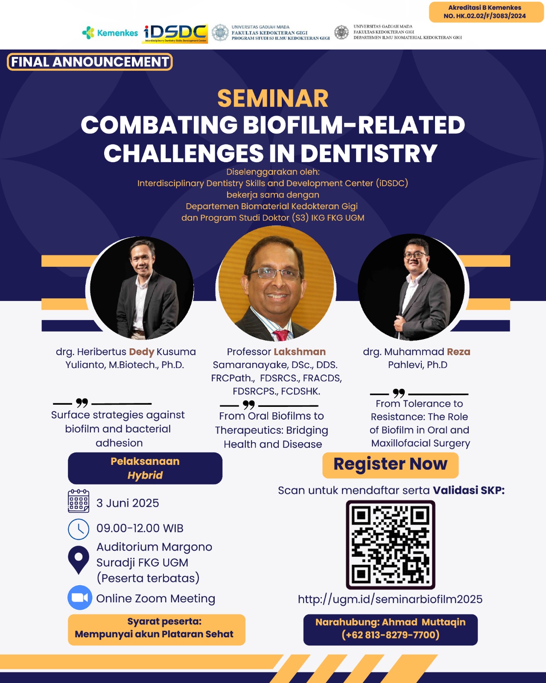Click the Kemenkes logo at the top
pos(110,33)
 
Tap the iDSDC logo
pos(175,34)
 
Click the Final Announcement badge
pos(90,61)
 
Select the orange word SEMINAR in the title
pos(273,98)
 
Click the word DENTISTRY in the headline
pos(369,153)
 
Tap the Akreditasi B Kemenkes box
pos(486,12)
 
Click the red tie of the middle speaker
pos(281,335)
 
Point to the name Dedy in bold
pos(142,352)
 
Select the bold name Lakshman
pos(300,352)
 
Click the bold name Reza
pos(458,352)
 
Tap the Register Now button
pos(391,465)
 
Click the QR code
pos(391,545)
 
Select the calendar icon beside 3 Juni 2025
pos(79,501)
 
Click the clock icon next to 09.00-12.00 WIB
pos(79,529)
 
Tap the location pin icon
pos(79,560)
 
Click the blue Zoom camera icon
pos(80,598)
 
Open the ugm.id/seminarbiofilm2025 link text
pos(390,599)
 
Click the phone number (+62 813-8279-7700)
pos(391,635)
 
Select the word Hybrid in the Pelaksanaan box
pos(145,475)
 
